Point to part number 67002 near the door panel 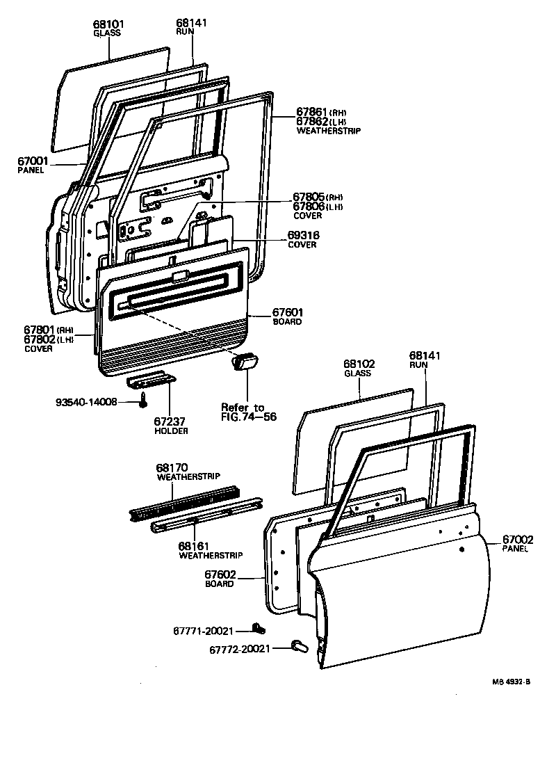[518, 540]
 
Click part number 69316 [303, 236]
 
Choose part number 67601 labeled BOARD [287, 313]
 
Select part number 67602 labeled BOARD [220, 574]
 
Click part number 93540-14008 [87, 402]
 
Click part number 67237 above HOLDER [170, 421]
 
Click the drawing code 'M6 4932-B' [512, 682]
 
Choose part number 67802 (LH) [40, 339]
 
